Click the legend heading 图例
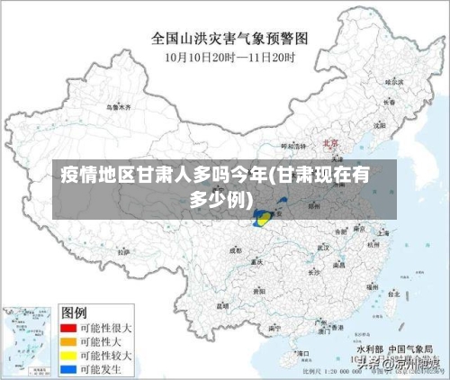pos(74,313)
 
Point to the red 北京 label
pos(330,142)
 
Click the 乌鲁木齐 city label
pos(118,107)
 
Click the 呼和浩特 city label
pos(294,146)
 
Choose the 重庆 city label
pos(256,262)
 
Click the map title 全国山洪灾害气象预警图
pos(229,39)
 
